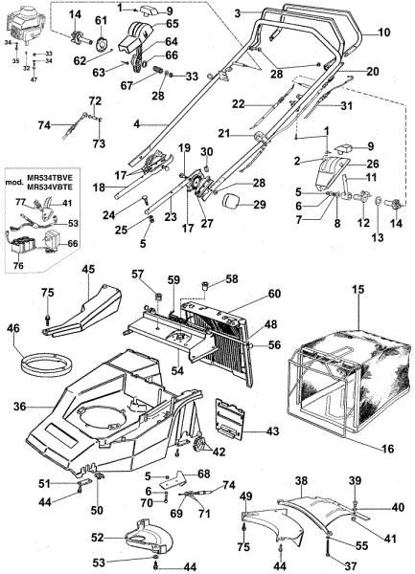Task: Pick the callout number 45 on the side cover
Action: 88,271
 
